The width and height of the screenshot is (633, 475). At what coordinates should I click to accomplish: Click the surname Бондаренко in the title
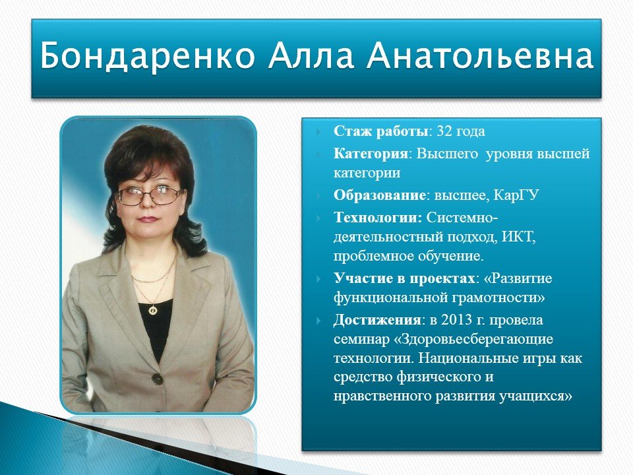pos(147,55)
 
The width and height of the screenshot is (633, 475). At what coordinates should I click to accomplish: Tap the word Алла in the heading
pos(310,55)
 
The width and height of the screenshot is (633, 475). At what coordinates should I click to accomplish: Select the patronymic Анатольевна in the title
pos(479,55)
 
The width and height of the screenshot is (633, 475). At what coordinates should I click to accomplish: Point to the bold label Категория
pos(371,154)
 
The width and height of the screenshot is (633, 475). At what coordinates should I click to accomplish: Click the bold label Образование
pos(380,195)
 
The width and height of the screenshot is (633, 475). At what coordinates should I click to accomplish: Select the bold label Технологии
pos(377,218)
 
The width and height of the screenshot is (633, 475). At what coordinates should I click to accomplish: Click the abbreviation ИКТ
pos(518,237)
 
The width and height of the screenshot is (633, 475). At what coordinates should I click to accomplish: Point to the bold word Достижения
pos(377,321)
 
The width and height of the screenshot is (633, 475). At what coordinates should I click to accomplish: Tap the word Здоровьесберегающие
pos(476,339)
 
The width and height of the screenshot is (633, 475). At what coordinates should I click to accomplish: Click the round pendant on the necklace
pos(152,310)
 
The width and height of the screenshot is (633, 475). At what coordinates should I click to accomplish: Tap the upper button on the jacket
pos(157,379)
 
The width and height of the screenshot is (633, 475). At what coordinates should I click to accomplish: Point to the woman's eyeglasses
pos(148,195)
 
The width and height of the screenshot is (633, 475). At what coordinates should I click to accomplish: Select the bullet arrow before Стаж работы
pos(319,132)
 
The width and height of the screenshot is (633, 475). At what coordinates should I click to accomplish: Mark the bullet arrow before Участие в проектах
pos(319,279)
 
